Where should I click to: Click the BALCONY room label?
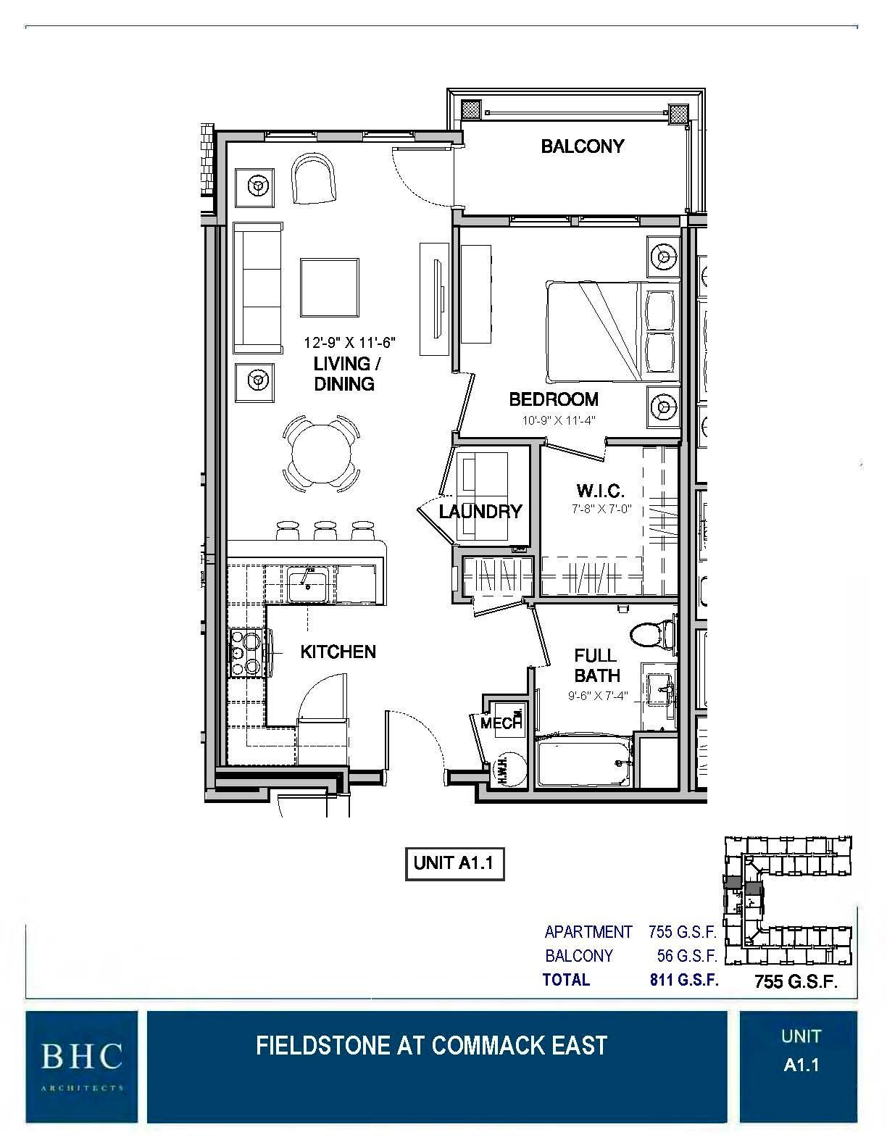[x=582, y=146]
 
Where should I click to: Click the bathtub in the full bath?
[x=583, y=762]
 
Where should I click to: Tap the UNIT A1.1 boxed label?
[x=454, y=863]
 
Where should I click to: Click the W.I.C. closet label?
[x=601, y=491]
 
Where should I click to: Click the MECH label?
[x=502, y=723]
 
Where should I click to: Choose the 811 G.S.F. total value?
[x=683, y=980]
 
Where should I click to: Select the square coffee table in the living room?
[x=330, y=287]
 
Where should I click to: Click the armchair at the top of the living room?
[x=315, y=179]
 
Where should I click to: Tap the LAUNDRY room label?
[x=480, y=512]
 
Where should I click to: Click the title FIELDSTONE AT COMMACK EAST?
[x=431, y=1045]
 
